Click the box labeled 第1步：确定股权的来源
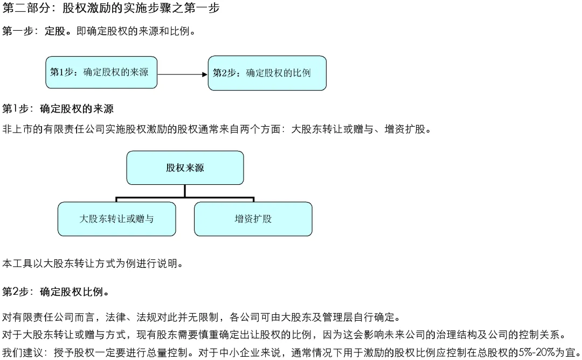(x=101, y=72)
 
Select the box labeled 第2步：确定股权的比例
(x=267, y=73)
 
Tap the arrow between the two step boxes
(x=182, y=74)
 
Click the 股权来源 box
(x=185, y=168)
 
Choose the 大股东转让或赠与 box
(x=116, y=219)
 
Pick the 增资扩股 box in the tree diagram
(x=253, y=219)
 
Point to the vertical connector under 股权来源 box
(x=185, y=191)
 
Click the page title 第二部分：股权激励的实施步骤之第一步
(x=111, y=8)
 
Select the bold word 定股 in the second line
(x=55, y=31)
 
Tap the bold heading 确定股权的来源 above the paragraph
(x=77, y=109)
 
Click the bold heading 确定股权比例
(x=71, y=292)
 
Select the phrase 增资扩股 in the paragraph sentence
(x=405, y=129)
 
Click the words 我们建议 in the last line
(x=23, y=352)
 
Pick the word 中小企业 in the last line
(x=239, y=352)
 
